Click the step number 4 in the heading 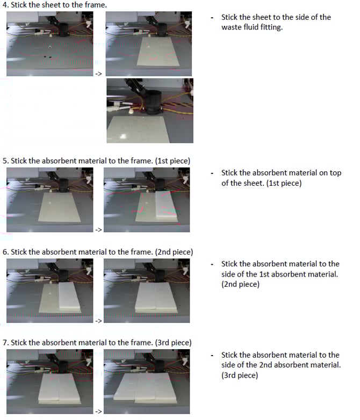[x=5, y=5]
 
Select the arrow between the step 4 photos [x=99, y=74]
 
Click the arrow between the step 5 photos [x=99, y=230]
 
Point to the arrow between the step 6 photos [x=99, y=321]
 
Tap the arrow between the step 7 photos [x=99, y=411]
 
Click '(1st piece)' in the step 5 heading [x=172, y=161]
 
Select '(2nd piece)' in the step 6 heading [x=174, y=252]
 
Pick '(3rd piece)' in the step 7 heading [x=173, y=343]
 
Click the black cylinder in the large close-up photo [x=153, y=102]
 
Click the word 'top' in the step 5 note [x=335, y=173]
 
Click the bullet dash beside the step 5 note [x=212, y=173]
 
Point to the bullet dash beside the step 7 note [x=212, y=356]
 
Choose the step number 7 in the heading [x=5, y=343]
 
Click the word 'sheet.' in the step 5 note [x=251, y=183]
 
